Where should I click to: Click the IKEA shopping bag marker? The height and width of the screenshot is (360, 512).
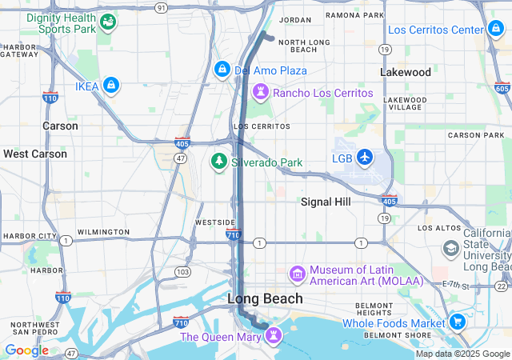(110, 83)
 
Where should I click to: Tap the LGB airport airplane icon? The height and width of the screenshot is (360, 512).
(366, 157)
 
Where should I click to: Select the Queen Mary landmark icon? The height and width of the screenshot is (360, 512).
(274, 333)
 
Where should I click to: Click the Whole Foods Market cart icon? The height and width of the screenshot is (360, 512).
(457, 322)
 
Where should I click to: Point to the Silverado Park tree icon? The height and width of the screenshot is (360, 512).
(218, 162)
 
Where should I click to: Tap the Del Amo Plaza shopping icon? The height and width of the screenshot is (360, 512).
(222, 70)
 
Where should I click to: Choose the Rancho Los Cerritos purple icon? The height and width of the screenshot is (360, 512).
(261, 93)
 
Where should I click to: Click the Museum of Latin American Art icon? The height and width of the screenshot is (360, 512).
(298, 276)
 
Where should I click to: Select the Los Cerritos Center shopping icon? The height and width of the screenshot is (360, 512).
(495, 30)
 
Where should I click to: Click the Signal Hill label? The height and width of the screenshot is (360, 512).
(326, 202)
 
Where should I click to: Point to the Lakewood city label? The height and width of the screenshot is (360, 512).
(406, 72)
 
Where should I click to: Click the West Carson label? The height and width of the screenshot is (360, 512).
(35, 153)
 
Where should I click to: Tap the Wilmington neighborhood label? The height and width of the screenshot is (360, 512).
(103, 232)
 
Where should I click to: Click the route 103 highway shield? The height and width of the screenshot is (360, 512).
(183, 272)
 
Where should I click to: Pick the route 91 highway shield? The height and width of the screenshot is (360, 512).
(161, 7)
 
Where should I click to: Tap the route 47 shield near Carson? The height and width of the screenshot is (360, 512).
(182, 158)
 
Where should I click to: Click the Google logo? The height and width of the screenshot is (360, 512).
(27, 350)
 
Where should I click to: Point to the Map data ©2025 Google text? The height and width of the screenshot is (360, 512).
(462, 354)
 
